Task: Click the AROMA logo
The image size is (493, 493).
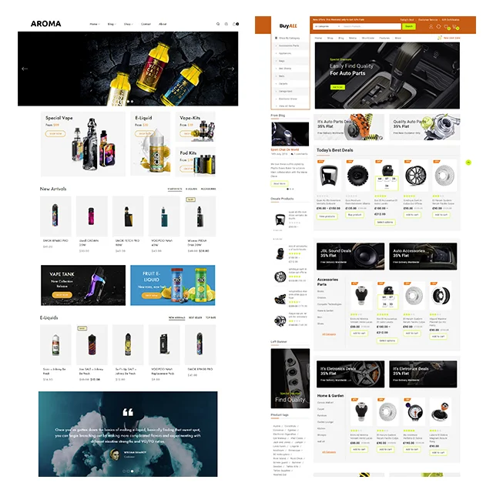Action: (45, 24)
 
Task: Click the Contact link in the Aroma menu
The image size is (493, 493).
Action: (146, 24)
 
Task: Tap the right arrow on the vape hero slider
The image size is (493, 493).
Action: (231, 69)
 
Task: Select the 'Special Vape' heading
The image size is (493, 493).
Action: (59, 118)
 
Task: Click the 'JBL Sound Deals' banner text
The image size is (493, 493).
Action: (335, 250)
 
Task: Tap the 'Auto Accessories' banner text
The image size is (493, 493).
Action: (409, 250)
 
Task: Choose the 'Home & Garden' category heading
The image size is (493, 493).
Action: (334, 394)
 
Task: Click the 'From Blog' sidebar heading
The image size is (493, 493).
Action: (278, 116)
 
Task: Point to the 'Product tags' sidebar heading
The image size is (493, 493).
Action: (280, 414)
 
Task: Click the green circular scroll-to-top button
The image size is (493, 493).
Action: (468, 163)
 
